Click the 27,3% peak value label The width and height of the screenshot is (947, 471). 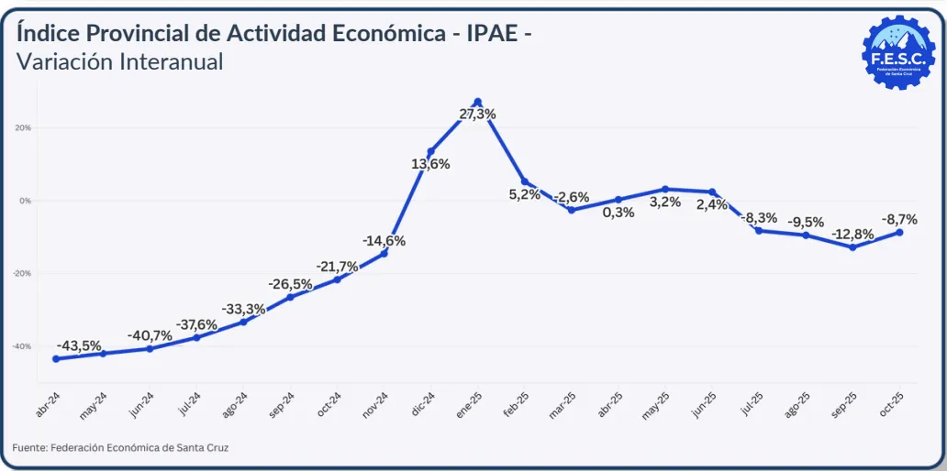click(x=477, y=115)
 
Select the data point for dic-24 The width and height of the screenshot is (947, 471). click(x=430, y=151)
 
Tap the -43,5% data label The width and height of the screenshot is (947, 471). click(x=79, y=345)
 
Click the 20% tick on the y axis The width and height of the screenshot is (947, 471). click(x=23, y=127)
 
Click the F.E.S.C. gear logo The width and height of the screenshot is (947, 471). click(x=898, y=53)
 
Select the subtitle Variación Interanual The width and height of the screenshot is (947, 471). click(x=119, y=61)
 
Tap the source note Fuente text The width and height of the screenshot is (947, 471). click(x=120, y=447)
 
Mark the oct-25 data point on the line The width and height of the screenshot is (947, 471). click(x=899, y=232)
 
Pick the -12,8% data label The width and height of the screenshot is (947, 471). click(x=853, y=235)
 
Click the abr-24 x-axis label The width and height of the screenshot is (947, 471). click(x=48, y=405)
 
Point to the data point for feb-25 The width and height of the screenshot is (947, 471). click(x=525, y=181)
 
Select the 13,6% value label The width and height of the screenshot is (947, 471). click(x=430, y=164)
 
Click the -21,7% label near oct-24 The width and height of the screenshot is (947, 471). click(x=337, y=266)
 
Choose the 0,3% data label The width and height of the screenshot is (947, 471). click(x=618, y=212)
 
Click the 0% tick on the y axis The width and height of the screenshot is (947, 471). click(x=25, y=201)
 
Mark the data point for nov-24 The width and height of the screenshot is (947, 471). click(x=384, y=253)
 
